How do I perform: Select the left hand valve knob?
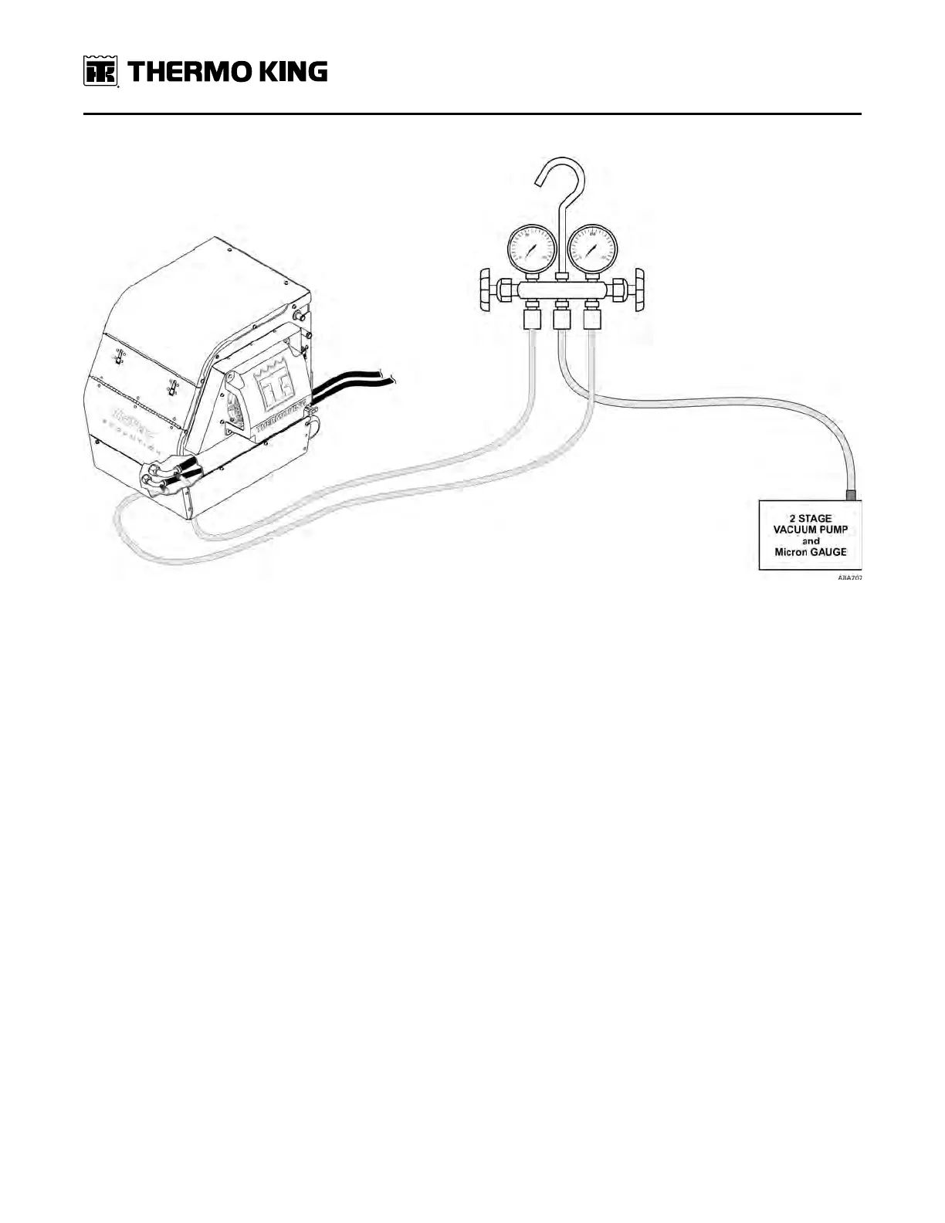[x=486, y=291]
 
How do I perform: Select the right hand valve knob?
[x=639, y=291]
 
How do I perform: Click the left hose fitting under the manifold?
[x=532, y=317]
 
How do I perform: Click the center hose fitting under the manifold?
[x=562, y=317]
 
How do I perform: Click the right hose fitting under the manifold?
[x=592, y=317]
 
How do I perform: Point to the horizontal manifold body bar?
[x=562, y=292]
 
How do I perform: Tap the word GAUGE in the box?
[x=827, y=552]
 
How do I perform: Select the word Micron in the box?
[x=790, y=552]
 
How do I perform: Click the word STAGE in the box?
[x=815, y=519]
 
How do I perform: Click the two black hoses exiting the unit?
[x=355, y=383]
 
